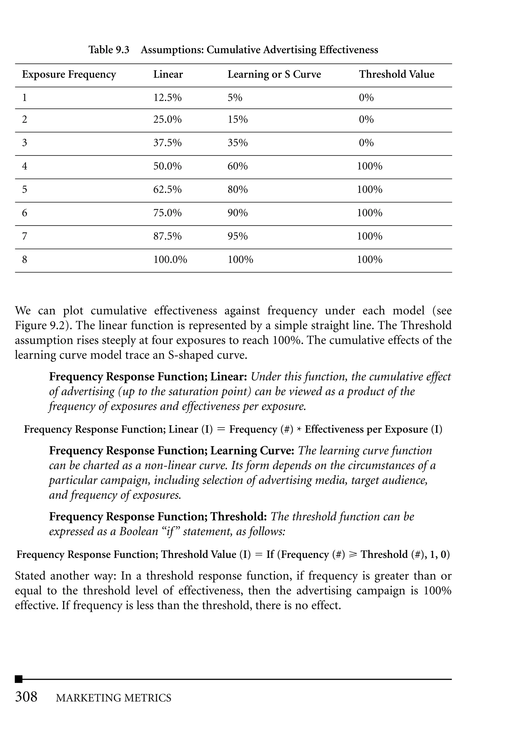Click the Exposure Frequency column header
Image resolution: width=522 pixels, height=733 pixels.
pyautogui.click(x=69, y=75)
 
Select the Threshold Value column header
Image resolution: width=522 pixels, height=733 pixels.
pyautogui.click(x=396, y=75)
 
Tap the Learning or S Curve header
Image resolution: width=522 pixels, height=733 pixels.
pyautogui.click(x=274, y=75)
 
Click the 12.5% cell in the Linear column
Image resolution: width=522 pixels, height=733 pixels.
pyautogui.click(x=167, y=98)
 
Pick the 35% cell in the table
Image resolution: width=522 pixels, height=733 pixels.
pyautogui.click(x=238, y=143)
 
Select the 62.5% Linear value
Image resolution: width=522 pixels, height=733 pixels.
pyautogui.click(x=167, y=189)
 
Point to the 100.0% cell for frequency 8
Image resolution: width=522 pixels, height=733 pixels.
pyautogui.click(x=170, y=259)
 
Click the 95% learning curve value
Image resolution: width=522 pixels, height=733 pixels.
pyautogui.click(x=238, y=236)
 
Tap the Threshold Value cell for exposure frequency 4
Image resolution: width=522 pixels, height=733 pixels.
pyautogui.click(x=370, y=166)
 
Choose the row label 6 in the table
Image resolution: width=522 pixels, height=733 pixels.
pyautogui.click(x=25, y=213)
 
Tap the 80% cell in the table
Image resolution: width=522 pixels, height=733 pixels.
pyautogui.click(x=238, y=189)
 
